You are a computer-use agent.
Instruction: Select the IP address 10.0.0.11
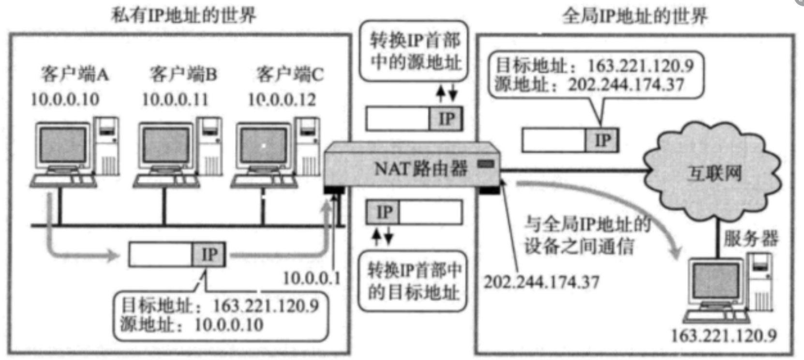175,99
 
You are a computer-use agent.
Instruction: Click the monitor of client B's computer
166,145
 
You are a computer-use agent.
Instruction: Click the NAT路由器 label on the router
420,168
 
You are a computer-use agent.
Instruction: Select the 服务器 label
750,238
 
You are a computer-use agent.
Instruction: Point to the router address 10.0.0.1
312,278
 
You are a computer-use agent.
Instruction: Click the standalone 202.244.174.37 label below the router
541,282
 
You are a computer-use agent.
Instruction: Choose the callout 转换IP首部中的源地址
415,51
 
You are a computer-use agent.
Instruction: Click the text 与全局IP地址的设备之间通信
586,235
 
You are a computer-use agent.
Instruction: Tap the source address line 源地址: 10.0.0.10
192,324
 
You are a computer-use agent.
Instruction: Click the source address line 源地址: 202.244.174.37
589,85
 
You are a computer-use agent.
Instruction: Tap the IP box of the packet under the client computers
209,255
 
